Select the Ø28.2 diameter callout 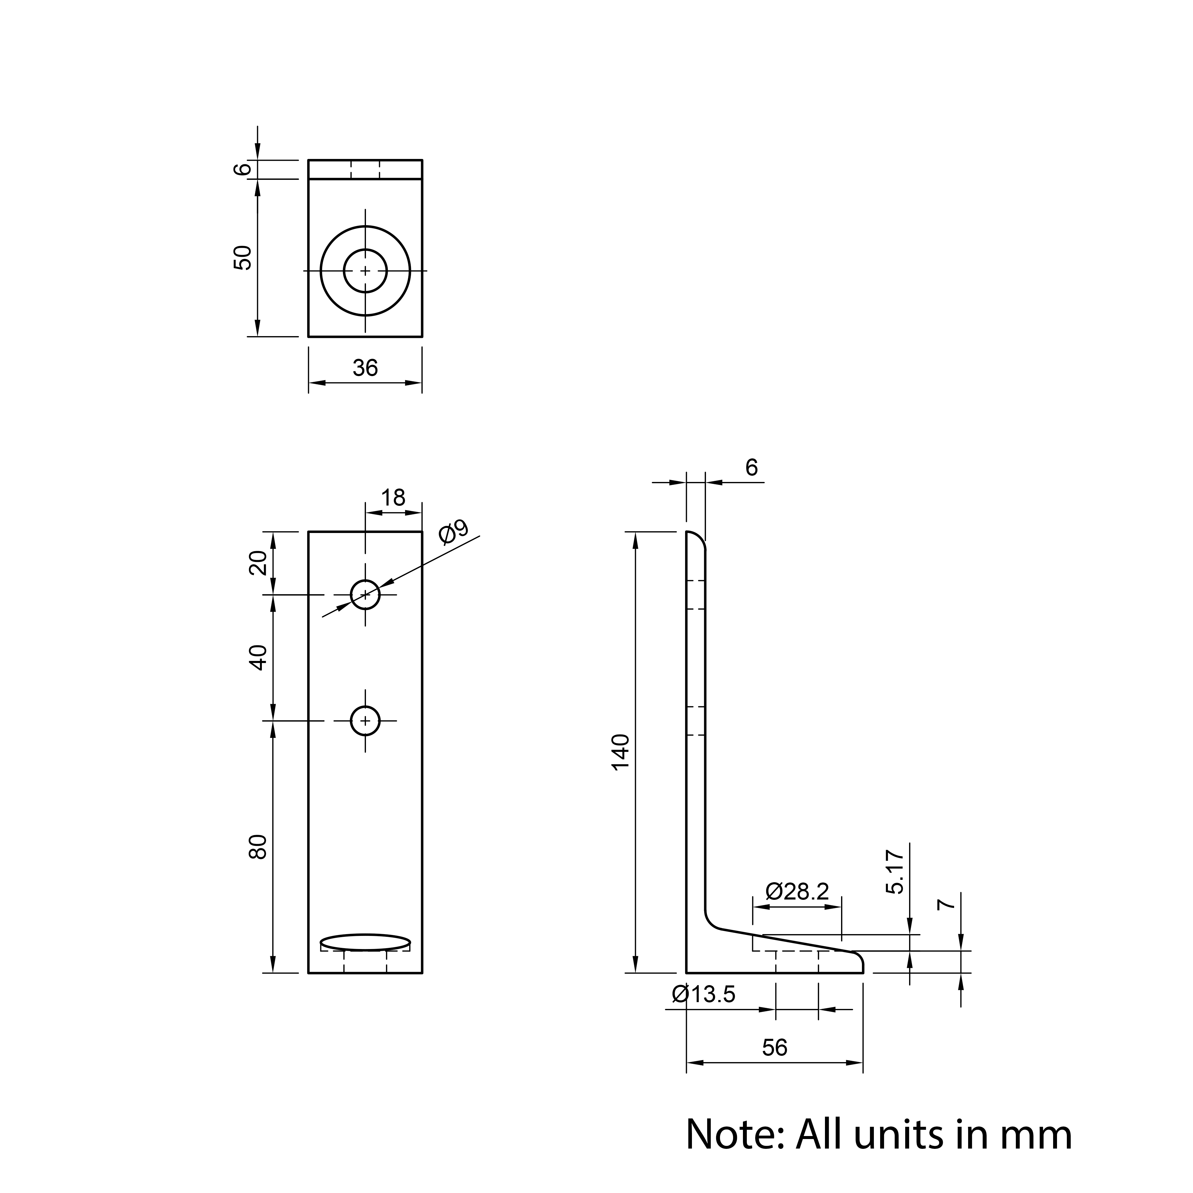coord(797,891)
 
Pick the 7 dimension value coord(946,905)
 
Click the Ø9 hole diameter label coord(454,532)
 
